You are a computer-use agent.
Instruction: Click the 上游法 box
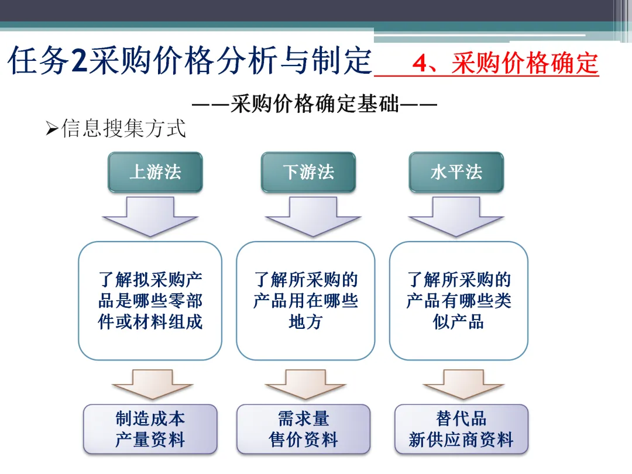pos(155,172)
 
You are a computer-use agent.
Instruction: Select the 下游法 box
pos(308,172)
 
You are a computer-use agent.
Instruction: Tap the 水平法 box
pos(456,172)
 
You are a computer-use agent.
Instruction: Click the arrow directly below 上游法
pos(150,216)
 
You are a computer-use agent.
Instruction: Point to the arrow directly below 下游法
pos(313,216)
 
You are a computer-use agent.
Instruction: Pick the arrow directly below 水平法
pos(456,216)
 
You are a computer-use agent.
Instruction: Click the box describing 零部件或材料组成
pos(150,301)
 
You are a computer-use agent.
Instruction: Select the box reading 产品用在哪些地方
pos(305,301)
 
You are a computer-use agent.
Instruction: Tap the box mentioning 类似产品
pos(459,301)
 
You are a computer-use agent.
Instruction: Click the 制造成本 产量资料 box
pos(150,429)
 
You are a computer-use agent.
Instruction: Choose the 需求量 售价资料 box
pos(304,429)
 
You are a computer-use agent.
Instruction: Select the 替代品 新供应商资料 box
pos(461,429)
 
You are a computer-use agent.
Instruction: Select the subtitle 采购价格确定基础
pos(315,105)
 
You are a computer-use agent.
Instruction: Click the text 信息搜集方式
pos(123,128)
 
